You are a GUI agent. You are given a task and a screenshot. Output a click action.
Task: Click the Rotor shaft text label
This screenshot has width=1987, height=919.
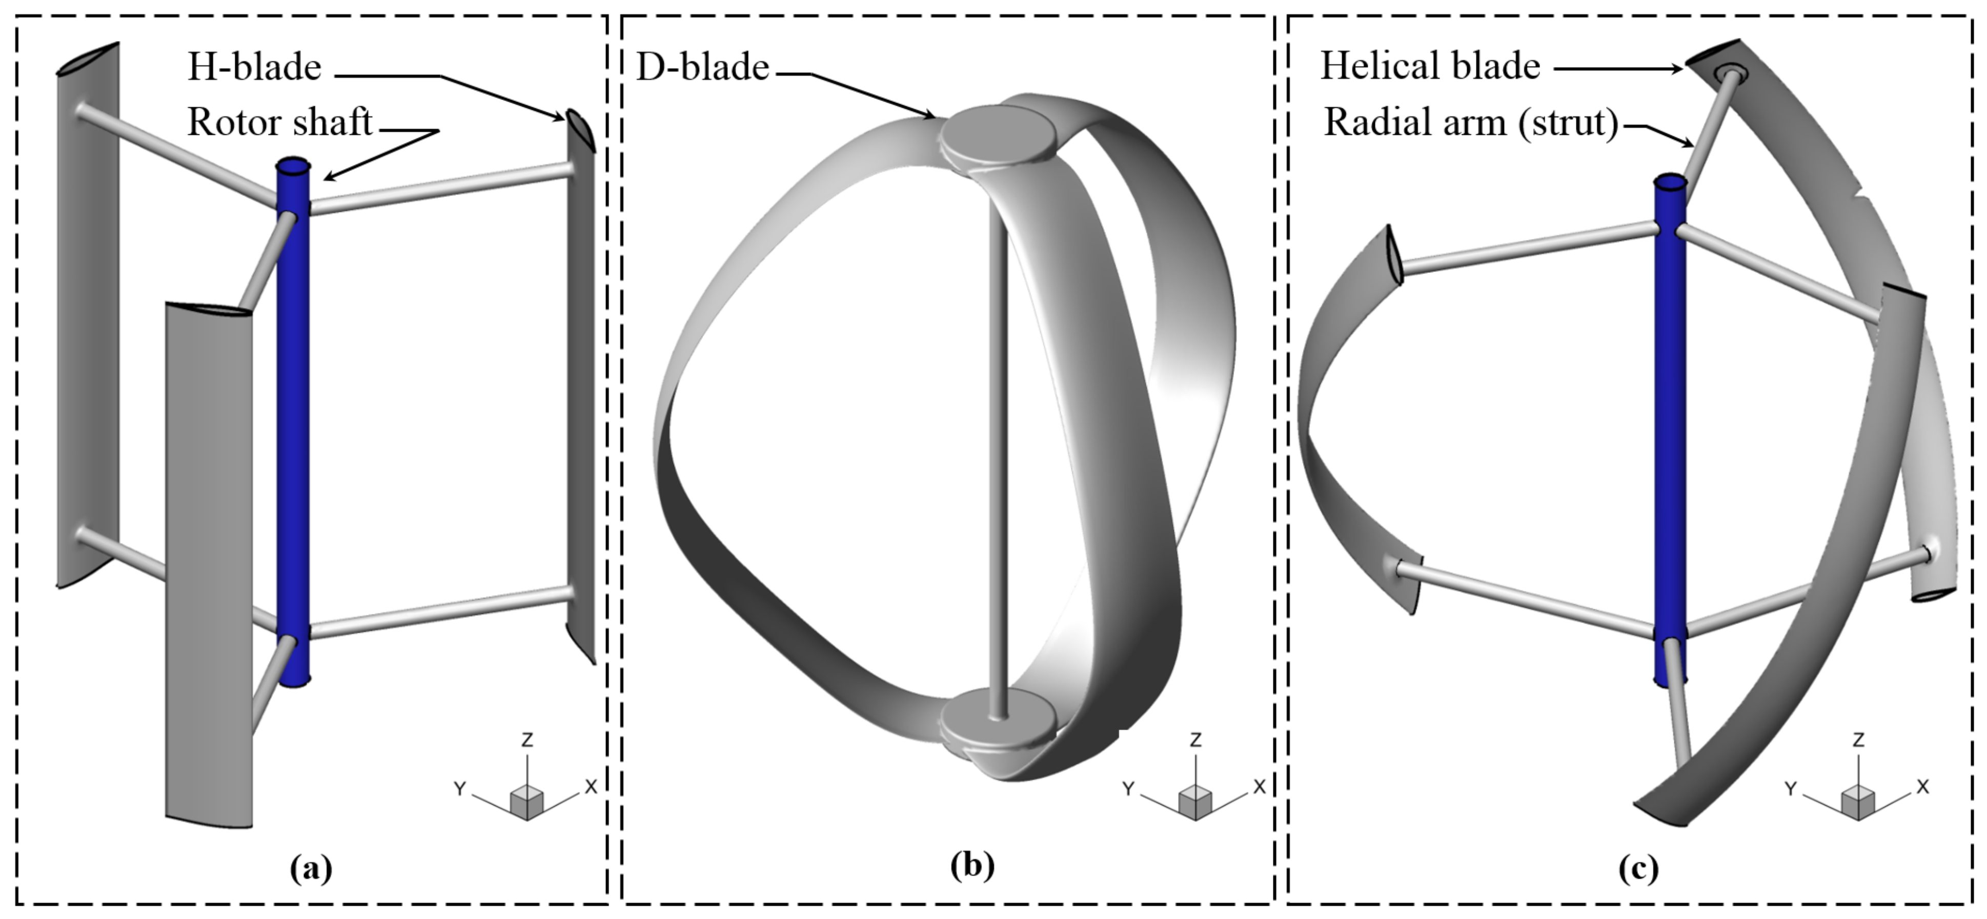pyautogui.click(x=279, y=122)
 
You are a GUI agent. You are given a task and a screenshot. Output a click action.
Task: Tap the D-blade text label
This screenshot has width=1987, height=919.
pyautogui.click(x=702, y=68)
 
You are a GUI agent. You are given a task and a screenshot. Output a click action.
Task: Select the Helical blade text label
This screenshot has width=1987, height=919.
pyautogui.click(x=1430, y=66)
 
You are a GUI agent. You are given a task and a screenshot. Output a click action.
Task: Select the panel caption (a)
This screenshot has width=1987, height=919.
pyautogui.click(x=311, y=869)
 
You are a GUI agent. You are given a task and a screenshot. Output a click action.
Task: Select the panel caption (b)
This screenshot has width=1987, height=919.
pyautogui.click(x=972, y=866)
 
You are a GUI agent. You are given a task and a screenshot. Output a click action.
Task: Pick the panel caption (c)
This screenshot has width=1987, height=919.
pyautogui.click(x=1637, y=869)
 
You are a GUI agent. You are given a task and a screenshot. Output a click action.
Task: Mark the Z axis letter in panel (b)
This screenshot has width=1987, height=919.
pyautogui.click(x=1195, y=741)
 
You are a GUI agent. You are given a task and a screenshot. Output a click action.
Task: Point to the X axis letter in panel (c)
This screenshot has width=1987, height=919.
pyautogui.click(x=1922, y=787)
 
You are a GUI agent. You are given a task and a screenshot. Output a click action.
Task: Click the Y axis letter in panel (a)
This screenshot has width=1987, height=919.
pyautogui.click(x=460, y=789)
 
